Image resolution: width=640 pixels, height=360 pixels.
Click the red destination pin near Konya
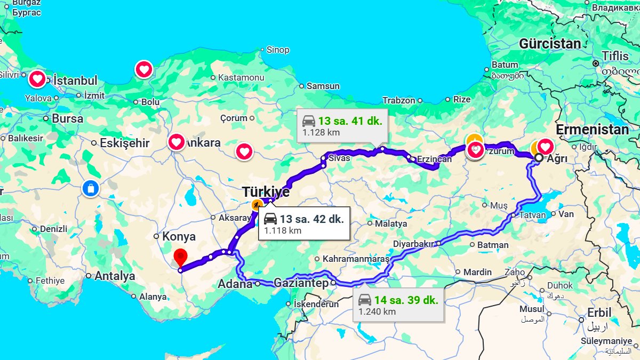click(181, 257)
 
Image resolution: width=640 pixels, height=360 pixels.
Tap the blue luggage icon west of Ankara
click(91, 188)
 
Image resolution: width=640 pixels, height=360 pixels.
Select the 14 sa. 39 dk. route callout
click(398, 305)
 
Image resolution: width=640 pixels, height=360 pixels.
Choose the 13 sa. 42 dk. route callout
click(305, 223)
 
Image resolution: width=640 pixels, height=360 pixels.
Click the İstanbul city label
click(76, 81)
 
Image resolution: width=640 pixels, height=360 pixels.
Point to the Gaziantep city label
click(301, 283)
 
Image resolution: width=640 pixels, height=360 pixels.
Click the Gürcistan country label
click(550, 44)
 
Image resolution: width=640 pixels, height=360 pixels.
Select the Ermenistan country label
click(592, 130)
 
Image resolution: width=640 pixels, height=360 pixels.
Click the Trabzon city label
click(398, 100)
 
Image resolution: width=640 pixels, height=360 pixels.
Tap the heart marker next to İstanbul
click(37, 79)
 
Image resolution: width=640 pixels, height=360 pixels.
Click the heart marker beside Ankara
click(177, 142)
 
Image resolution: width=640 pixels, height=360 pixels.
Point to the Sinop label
click(277, 50)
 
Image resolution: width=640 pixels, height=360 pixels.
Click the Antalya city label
click(115, 276)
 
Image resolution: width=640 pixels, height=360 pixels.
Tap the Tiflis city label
click(615, 55)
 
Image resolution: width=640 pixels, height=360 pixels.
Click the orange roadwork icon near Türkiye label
click(258, 205)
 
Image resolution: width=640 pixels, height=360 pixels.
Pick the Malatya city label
click(391, 223)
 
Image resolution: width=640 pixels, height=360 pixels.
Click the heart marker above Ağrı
click(545, 146)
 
